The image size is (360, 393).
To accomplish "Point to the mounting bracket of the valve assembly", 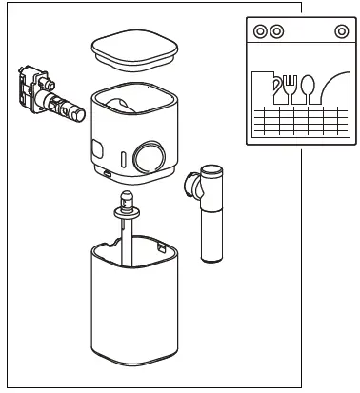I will point(30,84).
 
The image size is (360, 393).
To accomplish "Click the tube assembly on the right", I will point(211,214).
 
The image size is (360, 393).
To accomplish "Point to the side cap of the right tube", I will point(190,180).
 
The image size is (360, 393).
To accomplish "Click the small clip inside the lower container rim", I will point(162,248).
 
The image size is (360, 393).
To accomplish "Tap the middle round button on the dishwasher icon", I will point(276,31).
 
